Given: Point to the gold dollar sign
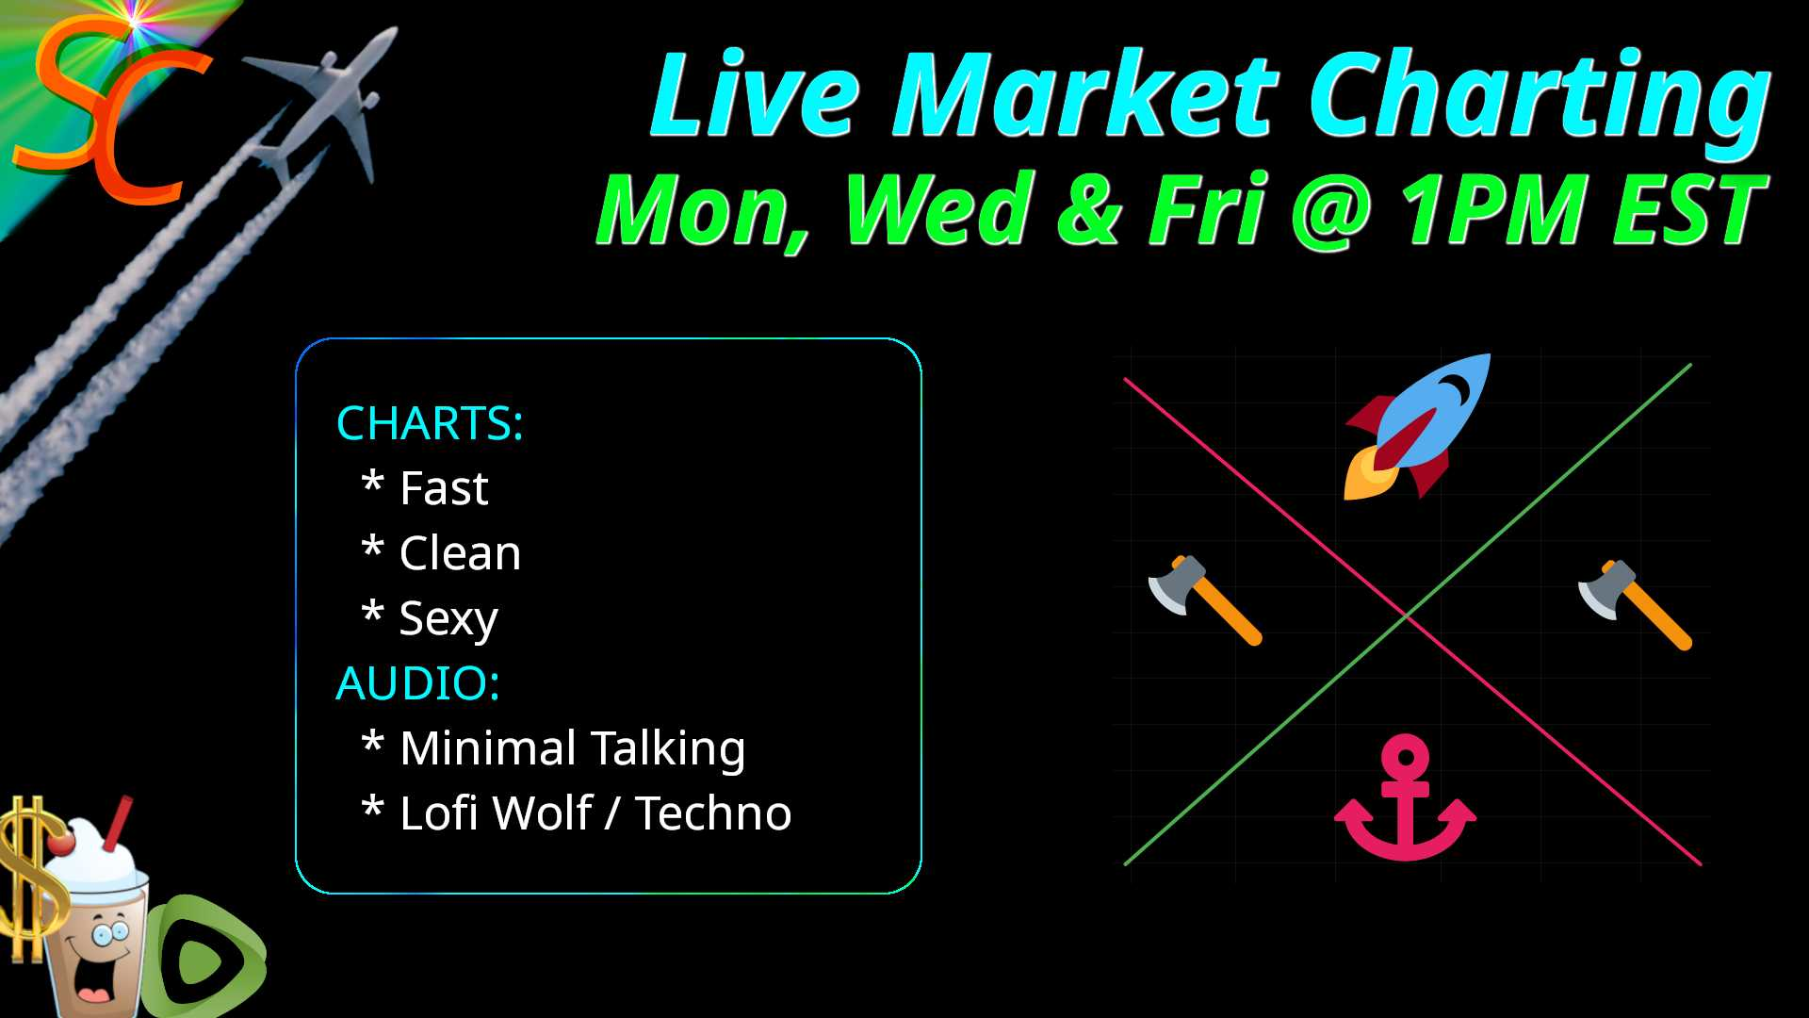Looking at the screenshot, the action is (x=30, y=877).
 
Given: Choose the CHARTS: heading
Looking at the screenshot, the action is (x=430, y=423).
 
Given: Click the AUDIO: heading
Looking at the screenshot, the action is (x=417, y=683).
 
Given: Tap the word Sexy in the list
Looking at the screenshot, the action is (x=448, y=620).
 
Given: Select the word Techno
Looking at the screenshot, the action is (x=713, y=813).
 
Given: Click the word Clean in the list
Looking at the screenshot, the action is (x=460, y=552).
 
